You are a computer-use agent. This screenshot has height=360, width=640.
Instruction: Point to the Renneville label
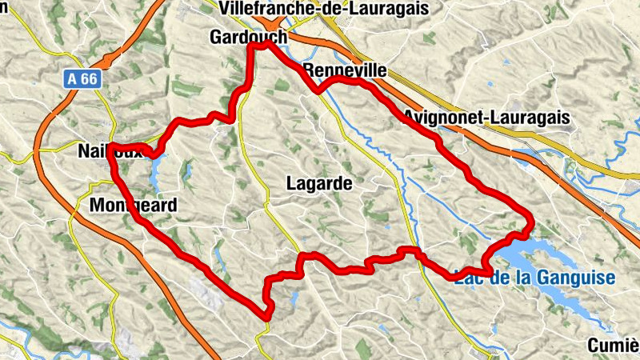[346, 71]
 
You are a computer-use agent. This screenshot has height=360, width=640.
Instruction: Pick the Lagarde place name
[319, 183]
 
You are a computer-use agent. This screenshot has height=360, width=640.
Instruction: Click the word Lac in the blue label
[467, 278]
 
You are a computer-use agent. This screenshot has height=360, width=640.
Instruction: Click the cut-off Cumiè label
[613, 346]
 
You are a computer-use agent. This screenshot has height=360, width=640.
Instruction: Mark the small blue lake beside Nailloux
[155, 168]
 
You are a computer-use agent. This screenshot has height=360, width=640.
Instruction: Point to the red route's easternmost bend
[530, 218]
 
